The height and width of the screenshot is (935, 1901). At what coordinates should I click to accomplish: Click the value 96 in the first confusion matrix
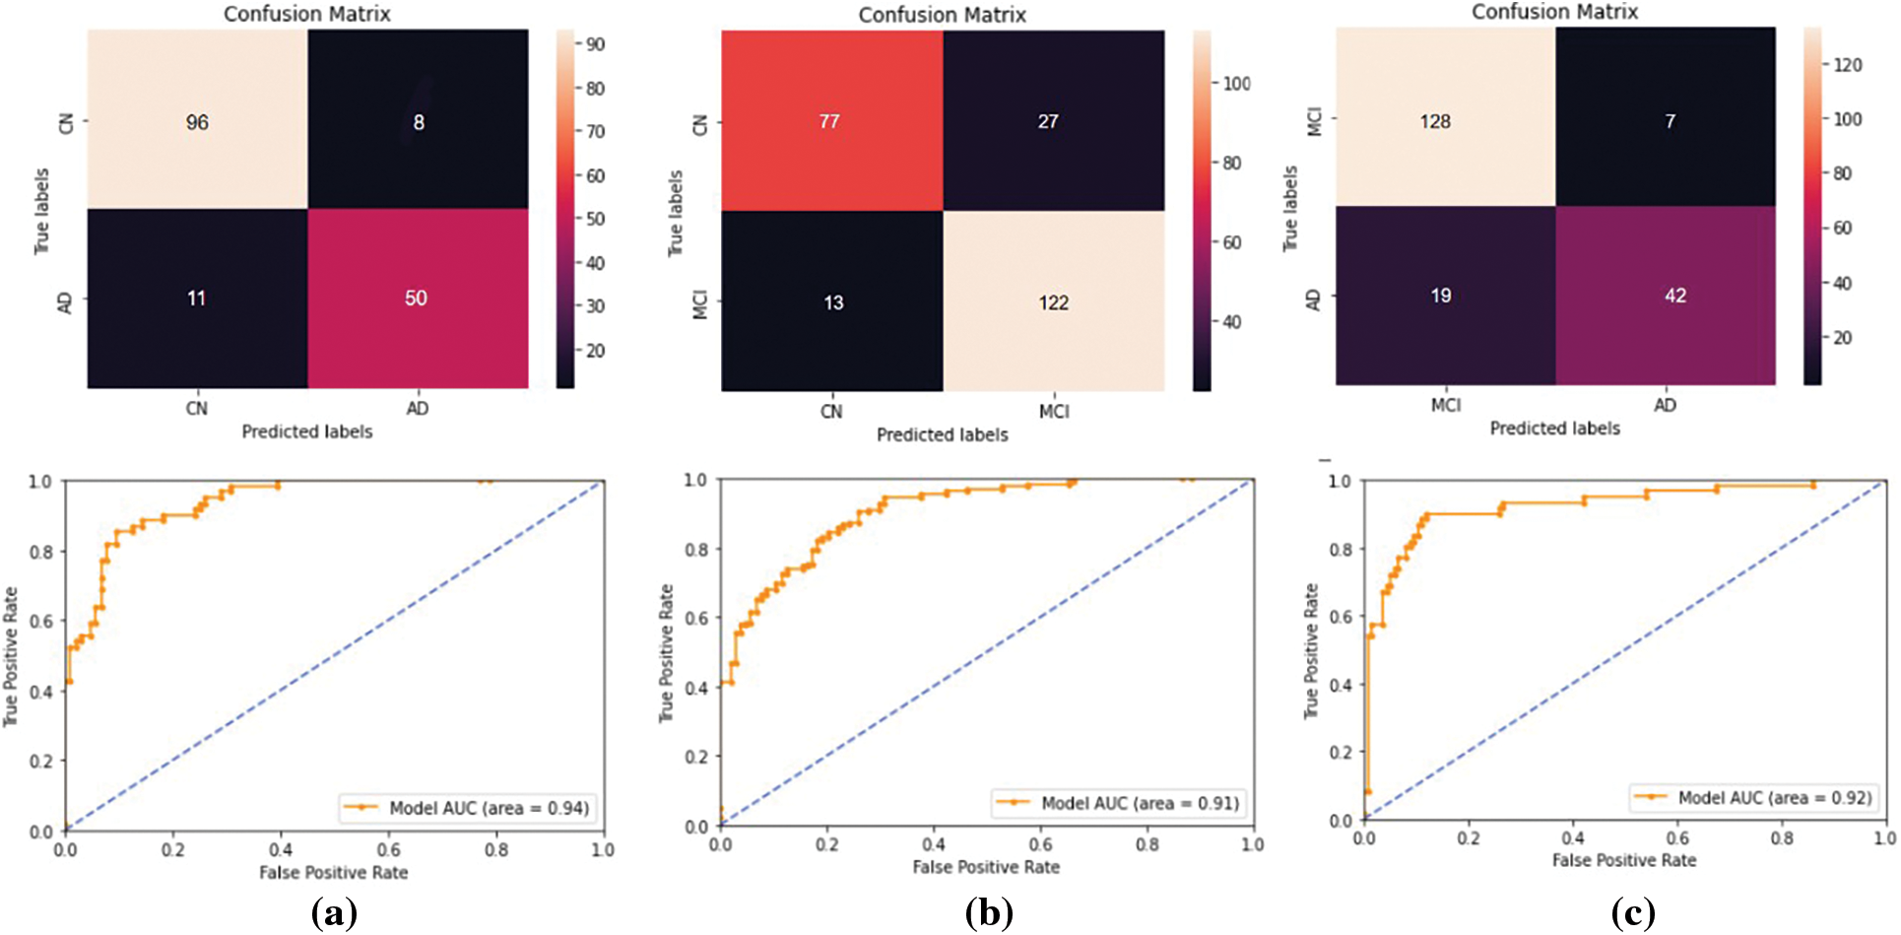tap(197, 122)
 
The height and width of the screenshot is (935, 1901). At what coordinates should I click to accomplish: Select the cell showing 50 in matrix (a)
tap(416, 298)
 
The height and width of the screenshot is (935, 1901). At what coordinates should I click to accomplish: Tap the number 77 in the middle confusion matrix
tap(829, 121)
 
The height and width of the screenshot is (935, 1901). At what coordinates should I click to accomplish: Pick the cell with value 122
tap(1053, 302)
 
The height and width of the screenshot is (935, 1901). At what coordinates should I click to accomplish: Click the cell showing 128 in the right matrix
tap(1435, 121)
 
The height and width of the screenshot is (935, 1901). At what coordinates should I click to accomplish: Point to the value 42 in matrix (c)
tap(1674, 296)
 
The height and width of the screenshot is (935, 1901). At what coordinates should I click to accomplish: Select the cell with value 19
tap(1440, 296)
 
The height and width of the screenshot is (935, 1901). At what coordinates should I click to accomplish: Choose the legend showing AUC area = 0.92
tap(1753, 797)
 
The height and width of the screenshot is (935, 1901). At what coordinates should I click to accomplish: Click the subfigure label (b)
tap(989, 913)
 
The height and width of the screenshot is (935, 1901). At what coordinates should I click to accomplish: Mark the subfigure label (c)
tap(1632, 913)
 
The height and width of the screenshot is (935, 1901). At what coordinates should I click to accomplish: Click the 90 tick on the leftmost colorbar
tap(595, 44)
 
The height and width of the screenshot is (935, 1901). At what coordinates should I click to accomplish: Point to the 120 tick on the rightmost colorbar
tap(1847, 65)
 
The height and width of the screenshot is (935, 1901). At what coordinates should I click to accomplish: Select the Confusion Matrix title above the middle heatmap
tap(942, 15)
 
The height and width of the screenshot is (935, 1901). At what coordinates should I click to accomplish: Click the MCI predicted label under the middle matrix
tap(1053, 411)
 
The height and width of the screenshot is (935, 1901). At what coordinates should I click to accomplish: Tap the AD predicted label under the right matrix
tap(1665, 405)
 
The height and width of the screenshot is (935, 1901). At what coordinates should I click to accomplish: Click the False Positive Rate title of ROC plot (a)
tap(333, 872)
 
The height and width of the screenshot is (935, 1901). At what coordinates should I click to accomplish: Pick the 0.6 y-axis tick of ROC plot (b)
tap(696, 618)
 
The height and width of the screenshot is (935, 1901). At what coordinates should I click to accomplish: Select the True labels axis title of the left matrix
tap(41, 211)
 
